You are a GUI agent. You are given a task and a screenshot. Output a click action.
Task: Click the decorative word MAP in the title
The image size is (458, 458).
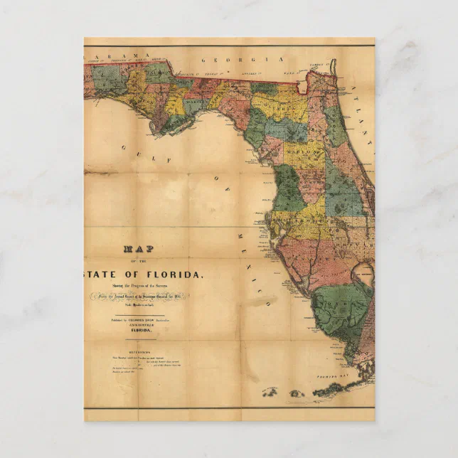[139, 249]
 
